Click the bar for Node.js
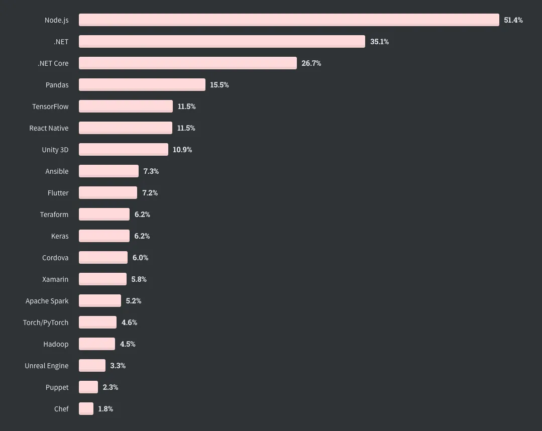point(289,20)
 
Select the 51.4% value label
point(513,20)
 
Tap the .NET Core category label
point(53,63)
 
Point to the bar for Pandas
point(142,85)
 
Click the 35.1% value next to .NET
point(379,42)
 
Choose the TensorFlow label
point(50,106)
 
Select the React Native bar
point(126,128)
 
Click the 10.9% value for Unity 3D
point(182,150)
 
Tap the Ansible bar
point(109,171)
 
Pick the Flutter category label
point(58,193)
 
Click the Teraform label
point(54,214)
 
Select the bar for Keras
point(104,236)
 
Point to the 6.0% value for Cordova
point(140,258)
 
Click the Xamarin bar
point(102,279)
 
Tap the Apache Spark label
point(47,301)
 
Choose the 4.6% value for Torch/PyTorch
point(129,322)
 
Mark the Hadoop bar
point(97,344)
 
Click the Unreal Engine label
point(46,366)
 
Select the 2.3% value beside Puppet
point(111,387)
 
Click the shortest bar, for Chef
point(86,409)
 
